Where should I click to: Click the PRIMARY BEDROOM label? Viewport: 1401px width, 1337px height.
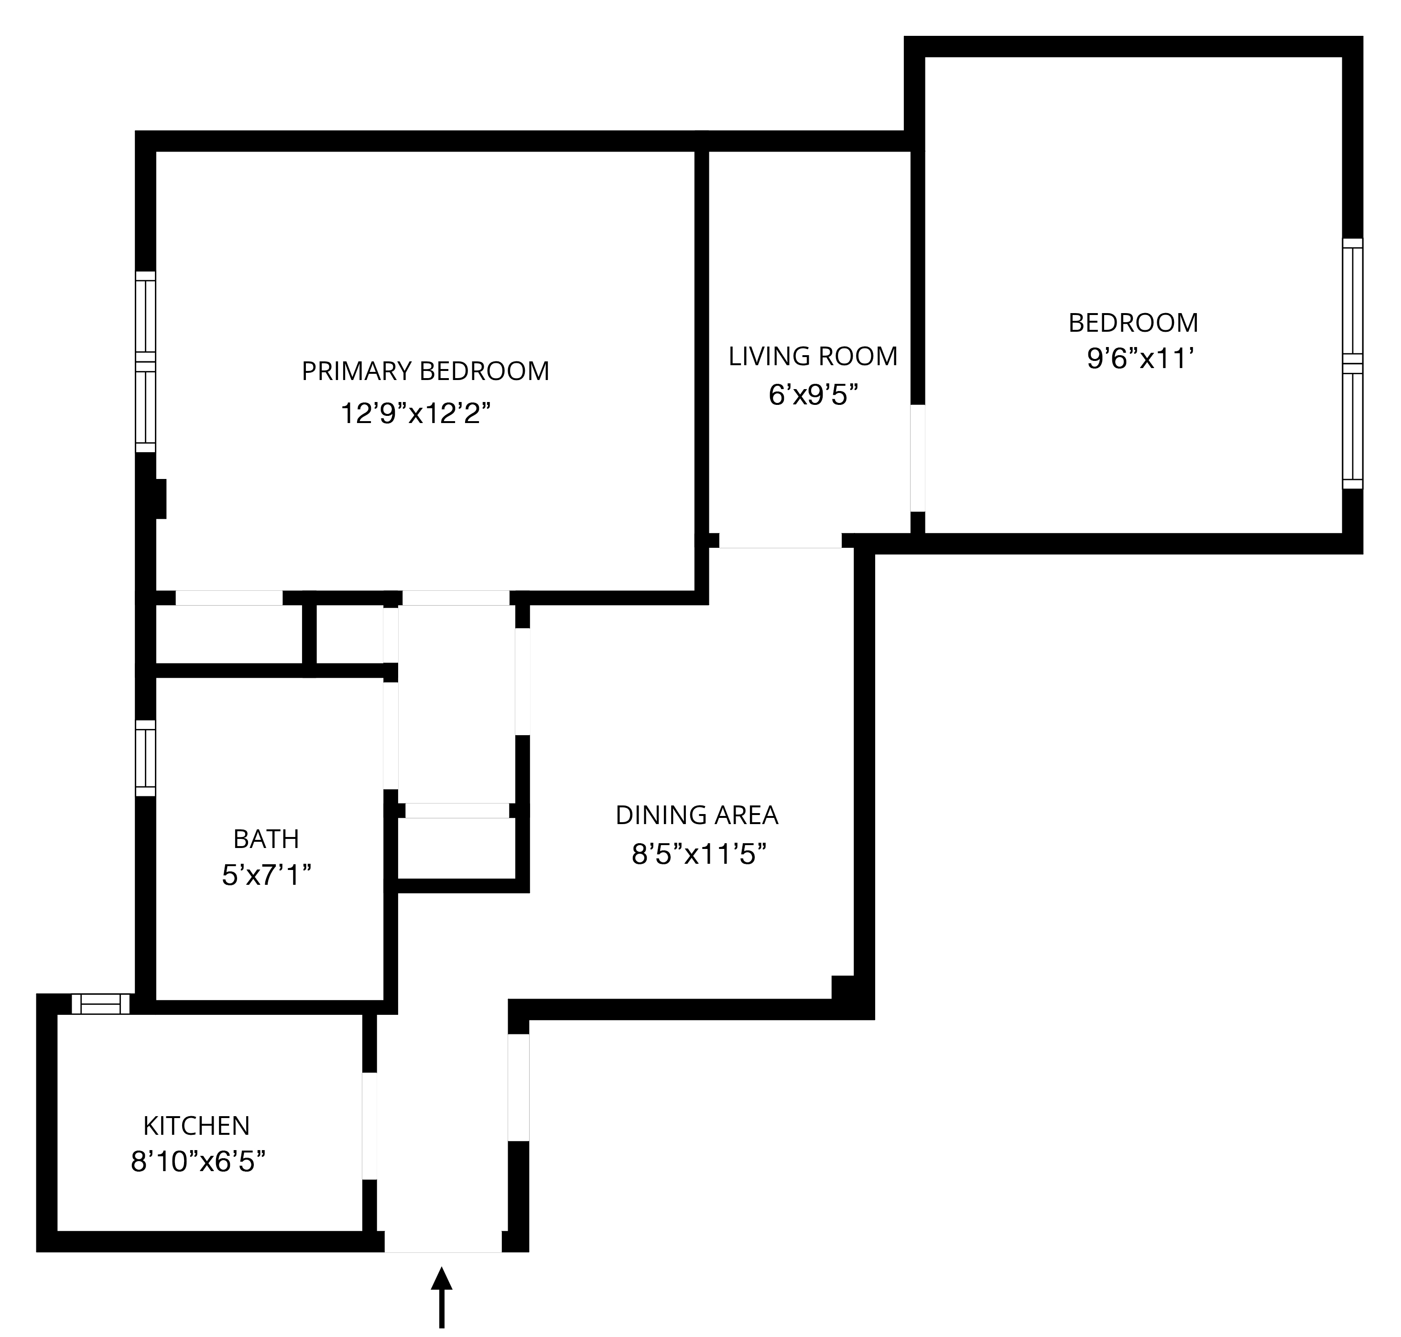click(425, 371)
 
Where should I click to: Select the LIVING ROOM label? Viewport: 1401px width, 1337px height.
click(813, 356)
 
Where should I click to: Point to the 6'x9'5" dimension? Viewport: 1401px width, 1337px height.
click(813, 394)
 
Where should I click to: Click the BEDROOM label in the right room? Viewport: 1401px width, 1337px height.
click(1133, 323)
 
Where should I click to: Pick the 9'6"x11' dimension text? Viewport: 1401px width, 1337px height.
click(1140, 359)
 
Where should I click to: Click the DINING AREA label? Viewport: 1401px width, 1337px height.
click(696, 815)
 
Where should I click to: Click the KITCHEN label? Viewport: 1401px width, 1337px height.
click(196, 1126)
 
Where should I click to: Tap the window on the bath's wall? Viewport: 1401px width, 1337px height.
click(145, 758)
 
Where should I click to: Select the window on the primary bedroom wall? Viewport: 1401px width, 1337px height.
click(145, 361)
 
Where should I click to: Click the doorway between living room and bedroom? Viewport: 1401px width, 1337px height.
click(918, 458)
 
